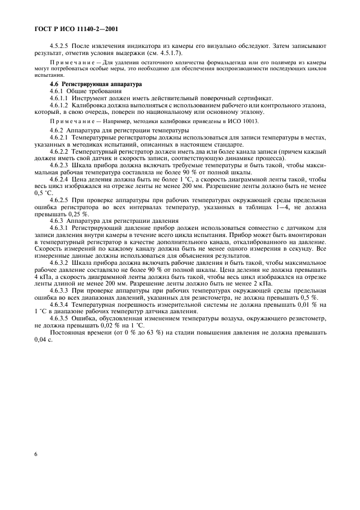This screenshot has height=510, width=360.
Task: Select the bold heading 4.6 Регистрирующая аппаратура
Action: (88, 84)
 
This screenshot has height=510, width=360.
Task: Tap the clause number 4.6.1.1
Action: (60, 98)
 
